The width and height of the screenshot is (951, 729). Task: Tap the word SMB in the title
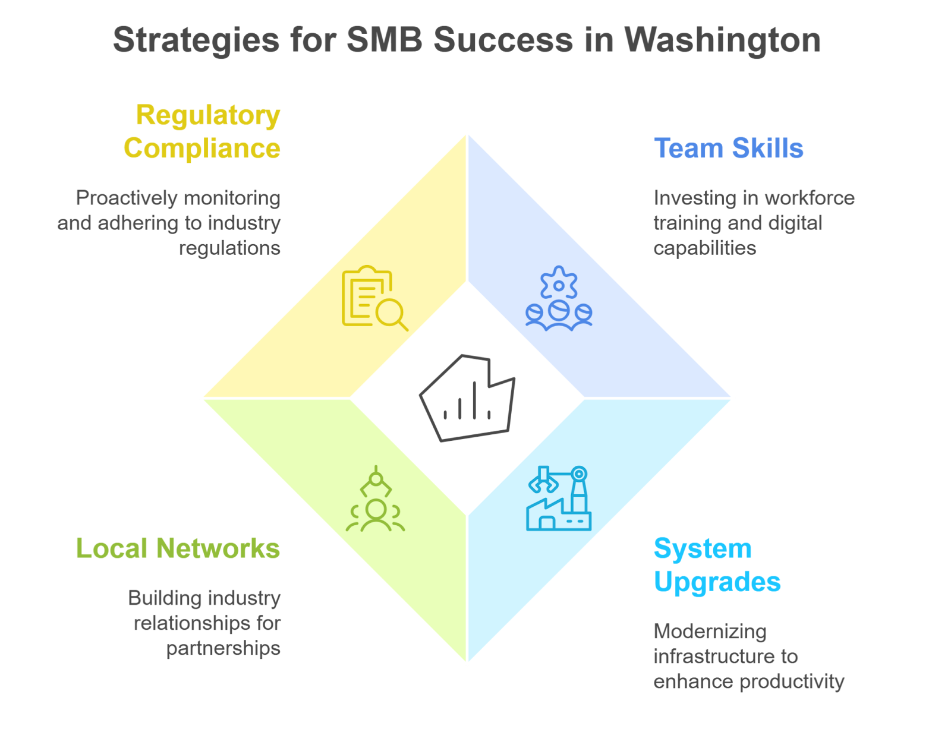tap(385, 40)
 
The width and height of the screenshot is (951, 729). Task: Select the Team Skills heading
tap(728, 149)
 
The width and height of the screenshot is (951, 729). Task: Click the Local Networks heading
tap(178, 548)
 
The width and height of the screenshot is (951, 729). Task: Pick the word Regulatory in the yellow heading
tap(207, 115)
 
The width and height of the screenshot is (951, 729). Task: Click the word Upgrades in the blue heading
tap(717, 582)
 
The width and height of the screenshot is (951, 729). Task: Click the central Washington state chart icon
tap(467, 398)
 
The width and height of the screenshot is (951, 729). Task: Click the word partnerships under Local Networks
tap(223, 648)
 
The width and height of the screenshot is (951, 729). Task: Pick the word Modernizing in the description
tap(710, 632)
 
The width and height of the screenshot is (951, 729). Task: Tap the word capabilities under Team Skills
tap(704, 248)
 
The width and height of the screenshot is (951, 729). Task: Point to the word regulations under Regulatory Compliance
tap(229, 248)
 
